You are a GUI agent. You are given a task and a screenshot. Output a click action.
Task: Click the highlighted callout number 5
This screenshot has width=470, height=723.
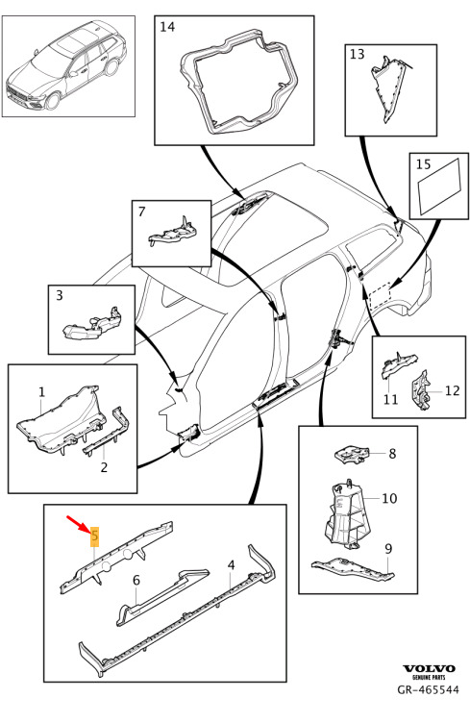(95, 536)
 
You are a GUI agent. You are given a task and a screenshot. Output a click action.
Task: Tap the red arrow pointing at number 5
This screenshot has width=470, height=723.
(78, 525)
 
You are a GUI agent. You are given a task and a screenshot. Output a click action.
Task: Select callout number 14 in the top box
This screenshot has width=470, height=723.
(167, 27)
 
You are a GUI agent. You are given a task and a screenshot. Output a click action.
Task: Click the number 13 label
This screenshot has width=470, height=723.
(358, 54)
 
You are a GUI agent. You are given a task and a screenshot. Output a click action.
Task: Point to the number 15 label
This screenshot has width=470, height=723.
(423, 163)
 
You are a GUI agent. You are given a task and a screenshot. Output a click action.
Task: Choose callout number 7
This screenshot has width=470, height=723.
(141, 212)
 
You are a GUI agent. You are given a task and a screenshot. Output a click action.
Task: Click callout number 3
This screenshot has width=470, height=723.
(59, 294)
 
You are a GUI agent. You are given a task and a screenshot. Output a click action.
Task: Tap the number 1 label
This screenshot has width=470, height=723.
(42, 392)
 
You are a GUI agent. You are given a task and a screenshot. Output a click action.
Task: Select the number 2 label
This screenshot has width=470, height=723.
(104, 467)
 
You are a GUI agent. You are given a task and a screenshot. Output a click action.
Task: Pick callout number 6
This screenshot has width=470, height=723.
(136, 580)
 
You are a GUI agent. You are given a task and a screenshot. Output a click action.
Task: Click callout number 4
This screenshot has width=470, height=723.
(232, 565)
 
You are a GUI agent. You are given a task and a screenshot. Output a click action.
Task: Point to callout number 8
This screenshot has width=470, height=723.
(392, 454)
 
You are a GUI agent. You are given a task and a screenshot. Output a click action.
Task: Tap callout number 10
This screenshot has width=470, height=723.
(389, 498)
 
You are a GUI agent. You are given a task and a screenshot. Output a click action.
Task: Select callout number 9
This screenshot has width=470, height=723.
(388, 549)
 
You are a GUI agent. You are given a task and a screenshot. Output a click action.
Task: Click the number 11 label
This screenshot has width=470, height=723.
(391, 398)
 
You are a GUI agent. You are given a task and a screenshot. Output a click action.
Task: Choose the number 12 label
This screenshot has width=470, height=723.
(453, 390)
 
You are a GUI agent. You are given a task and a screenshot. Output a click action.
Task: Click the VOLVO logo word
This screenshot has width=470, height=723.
(429, 668)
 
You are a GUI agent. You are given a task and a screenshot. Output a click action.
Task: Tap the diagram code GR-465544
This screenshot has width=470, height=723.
(429, 689)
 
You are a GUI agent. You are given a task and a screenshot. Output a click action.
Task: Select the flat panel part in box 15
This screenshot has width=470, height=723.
(439, 187)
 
